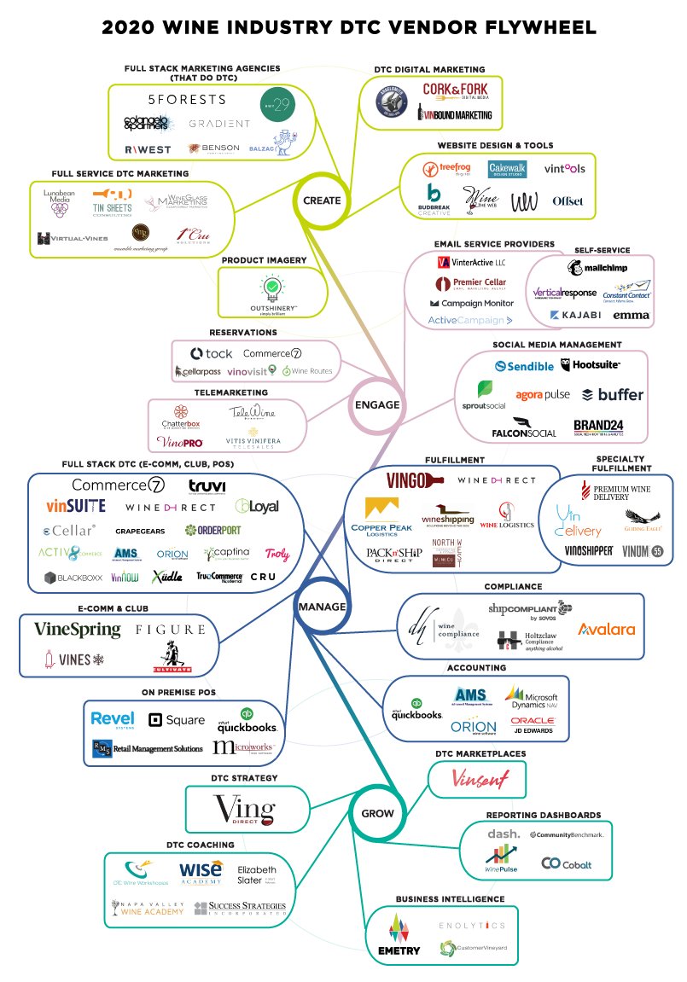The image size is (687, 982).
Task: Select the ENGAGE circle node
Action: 376,404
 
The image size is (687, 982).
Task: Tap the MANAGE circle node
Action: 321,607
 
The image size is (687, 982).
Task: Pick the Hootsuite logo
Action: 591,365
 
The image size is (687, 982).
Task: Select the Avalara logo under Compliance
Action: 607,629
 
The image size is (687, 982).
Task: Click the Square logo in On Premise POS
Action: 177,720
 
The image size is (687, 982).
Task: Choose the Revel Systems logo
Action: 113,719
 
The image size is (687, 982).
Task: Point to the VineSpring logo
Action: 77,630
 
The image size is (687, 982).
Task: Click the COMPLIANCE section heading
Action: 513,587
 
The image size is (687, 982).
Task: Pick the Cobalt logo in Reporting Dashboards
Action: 566,864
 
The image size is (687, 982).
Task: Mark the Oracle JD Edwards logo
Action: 533,726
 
